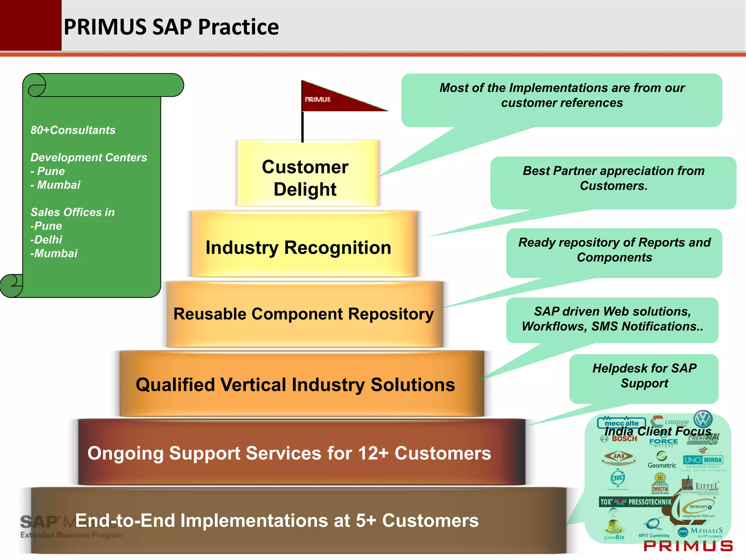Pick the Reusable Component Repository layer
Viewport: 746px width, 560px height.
303,314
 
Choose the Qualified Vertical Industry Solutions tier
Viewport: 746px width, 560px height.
295,384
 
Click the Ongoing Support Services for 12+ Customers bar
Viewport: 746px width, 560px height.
289,453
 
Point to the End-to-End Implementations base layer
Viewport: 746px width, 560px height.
277,520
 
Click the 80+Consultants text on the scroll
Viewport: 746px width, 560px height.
73,130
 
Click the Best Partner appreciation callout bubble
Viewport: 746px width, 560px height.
613,179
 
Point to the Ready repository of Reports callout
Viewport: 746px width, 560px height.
614,250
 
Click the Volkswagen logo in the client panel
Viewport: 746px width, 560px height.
703,419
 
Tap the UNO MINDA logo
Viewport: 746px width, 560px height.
703,460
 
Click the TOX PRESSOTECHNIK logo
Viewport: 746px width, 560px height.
635,502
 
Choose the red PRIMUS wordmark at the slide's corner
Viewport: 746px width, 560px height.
688,546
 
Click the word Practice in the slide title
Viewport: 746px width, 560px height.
238,27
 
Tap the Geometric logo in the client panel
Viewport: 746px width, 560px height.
661,460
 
